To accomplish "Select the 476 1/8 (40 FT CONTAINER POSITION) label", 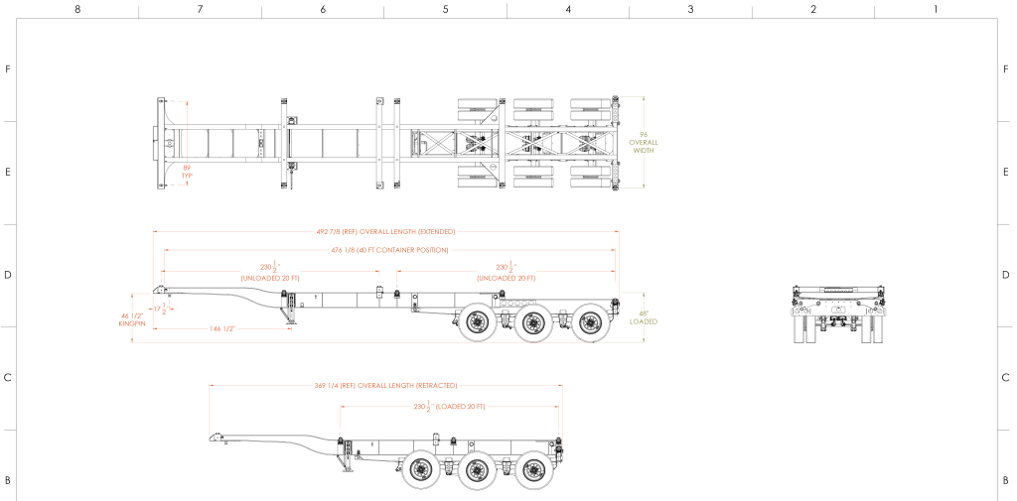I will click(x=388, y=250).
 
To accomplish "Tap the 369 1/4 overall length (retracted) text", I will click(x=385, y=385).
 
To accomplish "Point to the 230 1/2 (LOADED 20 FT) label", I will click(x=448, y=407).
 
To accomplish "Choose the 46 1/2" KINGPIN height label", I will click(x=131, y=318).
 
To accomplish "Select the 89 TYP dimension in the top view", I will click(x=186, y=172).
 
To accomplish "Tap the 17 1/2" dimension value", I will click(x=161, y=310).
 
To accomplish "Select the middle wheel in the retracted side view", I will click(x=480, y=469).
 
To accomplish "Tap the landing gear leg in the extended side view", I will click(x=291, y=319).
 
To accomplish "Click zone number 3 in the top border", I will click(x=690, y=9).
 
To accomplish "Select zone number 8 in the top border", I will click(x=77, y=9).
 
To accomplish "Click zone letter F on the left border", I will click(x=8, y=69).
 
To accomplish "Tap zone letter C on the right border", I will click(x=1006, y=378).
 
